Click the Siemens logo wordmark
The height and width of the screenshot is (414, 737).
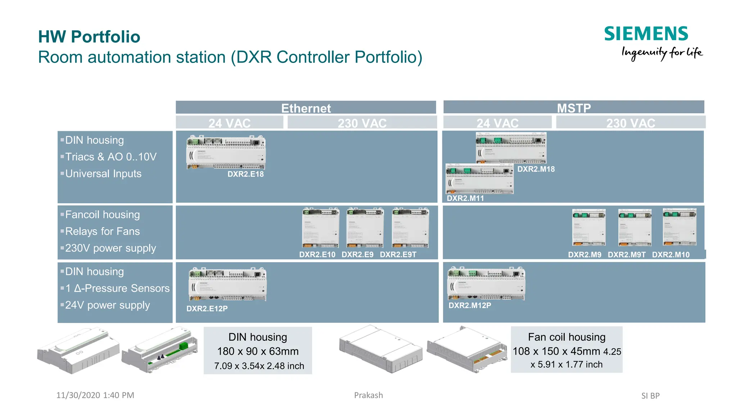646,34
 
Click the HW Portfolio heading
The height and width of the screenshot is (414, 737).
89,37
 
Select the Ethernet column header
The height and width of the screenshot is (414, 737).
306,108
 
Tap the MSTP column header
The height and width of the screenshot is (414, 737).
574,107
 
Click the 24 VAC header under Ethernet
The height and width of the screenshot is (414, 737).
229,123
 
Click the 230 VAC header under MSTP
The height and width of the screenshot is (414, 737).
630,123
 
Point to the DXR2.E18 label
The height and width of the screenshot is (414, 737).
245,174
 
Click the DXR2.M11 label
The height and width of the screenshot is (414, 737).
465,198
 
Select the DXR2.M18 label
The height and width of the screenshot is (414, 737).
536,169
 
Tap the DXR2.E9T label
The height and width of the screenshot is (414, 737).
398,254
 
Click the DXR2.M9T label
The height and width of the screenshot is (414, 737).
627,254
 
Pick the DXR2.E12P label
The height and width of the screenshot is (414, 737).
207,308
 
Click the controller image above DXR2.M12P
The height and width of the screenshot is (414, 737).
486,284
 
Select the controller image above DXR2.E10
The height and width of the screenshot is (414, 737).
320,228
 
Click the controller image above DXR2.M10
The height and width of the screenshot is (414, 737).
679,227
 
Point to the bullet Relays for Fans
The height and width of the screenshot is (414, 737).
102,231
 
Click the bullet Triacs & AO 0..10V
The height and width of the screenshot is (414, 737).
110,157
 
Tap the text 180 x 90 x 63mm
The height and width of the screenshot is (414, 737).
258,351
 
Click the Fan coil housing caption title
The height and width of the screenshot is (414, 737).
566,337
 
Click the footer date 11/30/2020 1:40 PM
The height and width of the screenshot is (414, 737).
95,395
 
